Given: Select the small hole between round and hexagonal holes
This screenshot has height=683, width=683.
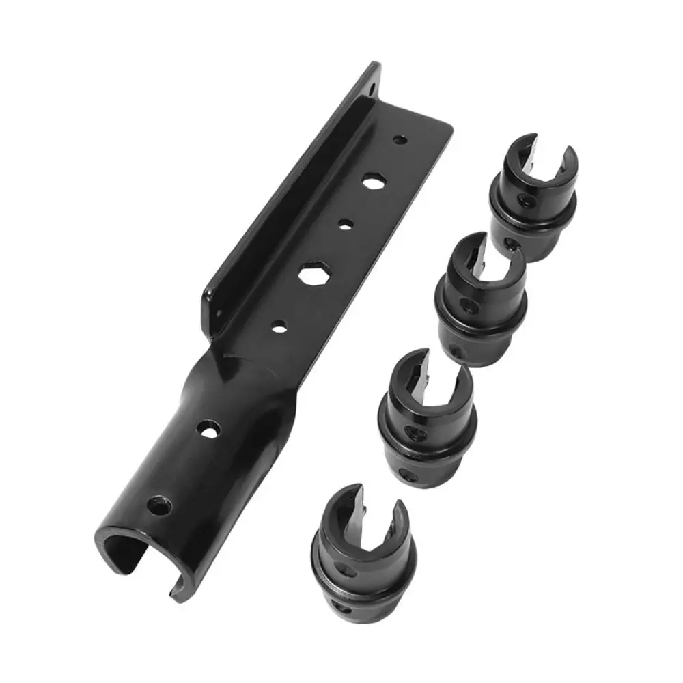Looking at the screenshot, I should click(346, 223).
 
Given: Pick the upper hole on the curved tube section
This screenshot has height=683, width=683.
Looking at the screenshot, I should click(208, 430).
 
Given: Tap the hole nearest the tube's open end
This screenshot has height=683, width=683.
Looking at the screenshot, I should click(159, 507).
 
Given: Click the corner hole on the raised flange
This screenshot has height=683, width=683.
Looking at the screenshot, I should click(372, 89).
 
